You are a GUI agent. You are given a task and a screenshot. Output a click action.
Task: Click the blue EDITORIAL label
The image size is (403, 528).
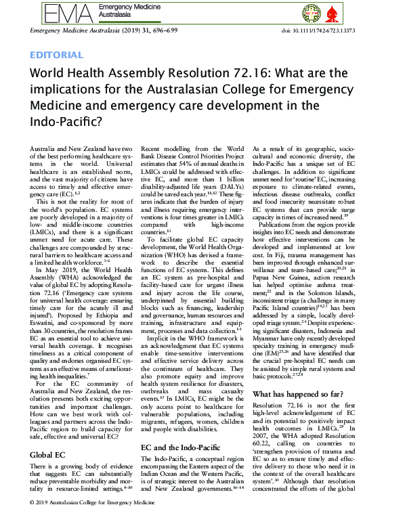[57, 55]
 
